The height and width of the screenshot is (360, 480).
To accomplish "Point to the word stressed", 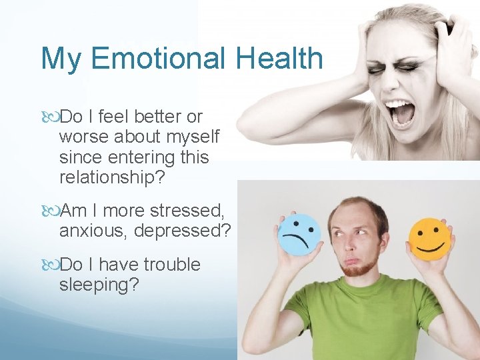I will (x=187, y=211).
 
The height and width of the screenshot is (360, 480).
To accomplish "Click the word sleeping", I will (x=99, y=285).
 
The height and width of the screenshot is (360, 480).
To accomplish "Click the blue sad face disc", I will (x=299, y=234).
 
